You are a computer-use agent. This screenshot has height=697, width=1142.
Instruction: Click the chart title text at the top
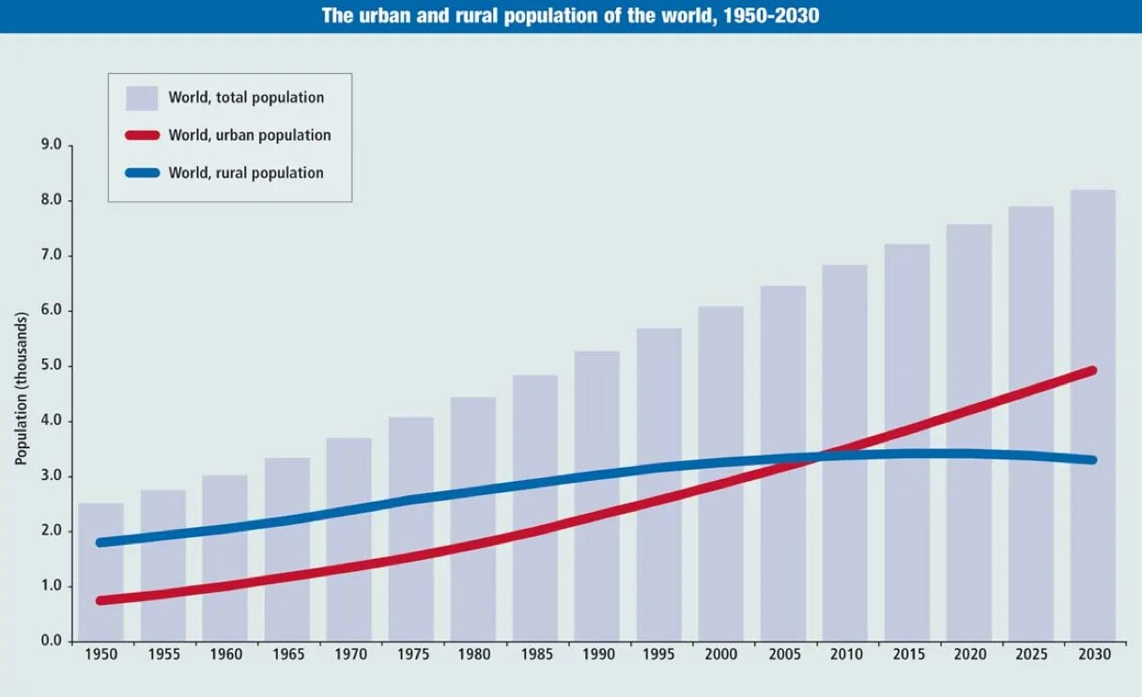click(570, 16)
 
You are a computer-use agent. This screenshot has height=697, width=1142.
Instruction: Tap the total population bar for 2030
click(1092, 413)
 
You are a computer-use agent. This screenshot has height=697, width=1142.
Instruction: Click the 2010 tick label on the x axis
click(844, 655)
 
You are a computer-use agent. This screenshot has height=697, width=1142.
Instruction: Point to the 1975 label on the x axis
click(410, 655)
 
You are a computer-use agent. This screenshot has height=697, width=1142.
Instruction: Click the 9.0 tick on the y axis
click(51, 146)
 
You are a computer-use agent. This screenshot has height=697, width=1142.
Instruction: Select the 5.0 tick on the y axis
click(51, 365)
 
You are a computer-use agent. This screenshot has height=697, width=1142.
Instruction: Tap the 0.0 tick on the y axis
click(51, 642)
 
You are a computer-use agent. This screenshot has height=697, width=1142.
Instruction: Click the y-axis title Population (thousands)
click(21, 388)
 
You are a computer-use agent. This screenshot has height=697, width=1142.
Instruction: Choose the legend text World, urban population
click(250, 135)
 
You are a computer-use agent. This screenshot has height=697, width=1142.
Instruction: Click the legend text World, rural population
click(246, 173)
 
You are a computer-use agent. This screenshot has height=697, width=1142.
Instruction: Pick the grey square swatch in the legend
click(142, 98)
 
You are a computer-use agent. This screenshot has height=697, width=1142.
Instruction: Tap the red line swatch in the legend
click(142, 135)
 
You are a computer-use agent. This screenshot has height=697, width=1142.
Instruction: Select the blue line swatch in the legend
click(142, 173)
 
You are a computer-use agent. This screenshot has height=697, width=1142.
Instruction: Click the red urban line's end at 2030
click(1091, 371)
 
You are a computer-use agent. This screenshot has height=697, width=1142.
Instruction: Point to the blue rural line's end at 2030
click(1091, 459)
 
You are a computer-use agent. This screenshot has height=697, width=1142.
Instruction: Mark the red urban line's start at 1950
click(100, 600)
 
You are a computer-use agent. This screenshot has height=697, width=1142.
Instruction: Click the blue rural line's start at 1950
click(100, 542)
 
